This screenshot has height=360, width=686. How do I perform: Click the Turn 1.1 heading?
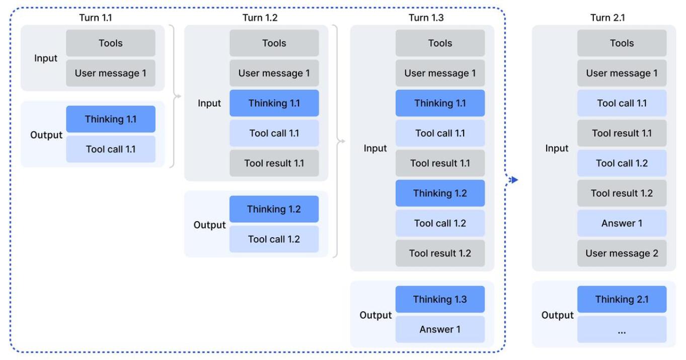96,18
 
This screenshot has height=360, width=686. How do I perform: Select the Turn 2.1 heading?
607,18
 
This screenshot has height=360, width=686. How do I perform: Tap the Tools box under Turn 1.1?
110,43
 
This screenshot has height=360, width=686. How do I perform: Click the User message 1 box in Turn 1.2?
274,73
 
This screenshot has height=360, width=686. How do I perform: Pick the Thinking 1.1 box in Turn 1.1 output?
110,119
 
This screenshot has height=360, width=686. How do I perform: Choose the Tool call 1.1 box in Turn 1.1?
110,149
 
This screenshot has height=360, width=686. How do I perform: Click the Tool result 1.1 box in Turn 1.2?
274,163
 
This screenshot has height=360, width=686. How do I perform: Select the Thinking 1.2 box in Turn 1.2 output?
274,209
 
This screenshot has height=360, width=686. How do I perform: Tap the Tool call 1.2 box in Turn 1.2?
274,239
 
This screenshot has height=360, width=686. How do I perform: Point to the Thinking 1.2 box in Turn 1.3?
440,193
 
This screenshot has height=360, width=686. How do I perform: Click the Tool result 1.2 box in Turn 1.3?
440,253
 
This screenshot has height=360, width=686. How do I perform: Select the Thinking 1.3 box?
440,299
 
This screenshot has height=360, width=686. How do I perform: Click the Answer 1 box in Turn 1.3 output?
440,329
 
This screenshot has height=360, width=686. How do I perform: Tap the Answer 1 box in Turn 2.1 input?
622,223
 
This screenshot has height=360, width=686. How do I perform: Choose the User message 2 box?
622,253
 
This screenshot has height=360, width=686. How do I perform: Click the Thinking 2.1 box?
622,299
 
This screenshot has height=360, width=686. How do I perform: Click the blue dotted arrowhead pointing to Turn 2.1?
514,180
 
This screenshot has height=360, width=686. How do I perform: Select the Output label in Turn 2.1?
557,315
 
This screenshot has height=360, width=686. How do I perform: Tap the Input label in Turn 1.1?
46,58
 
